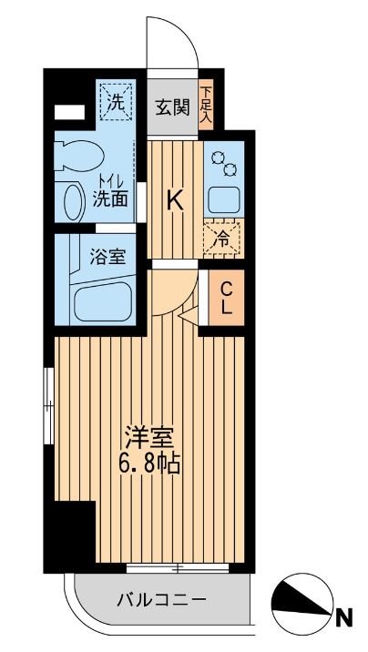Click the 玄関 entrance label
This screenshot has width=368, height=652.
(x=171, y=107)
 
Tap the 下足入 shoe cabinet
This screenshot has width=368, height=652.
(x=207, y=104)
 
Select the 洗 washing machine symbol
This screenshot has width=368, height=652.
(x=117, y=103)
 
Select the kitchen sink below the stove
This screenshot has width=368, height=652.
(x=223, y=199)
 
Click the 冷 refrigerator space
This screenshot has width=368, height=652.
(x=221, y=238)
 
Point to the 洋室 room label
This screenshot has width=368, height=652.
(x=149, y=436)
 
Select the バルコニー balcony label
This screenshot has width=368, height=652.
(x=162, y=600)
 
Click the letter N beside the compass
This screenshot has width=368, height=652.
(x=344, y=619)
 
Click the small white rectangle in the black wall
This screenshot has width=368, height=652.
(x=67, y=114)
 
